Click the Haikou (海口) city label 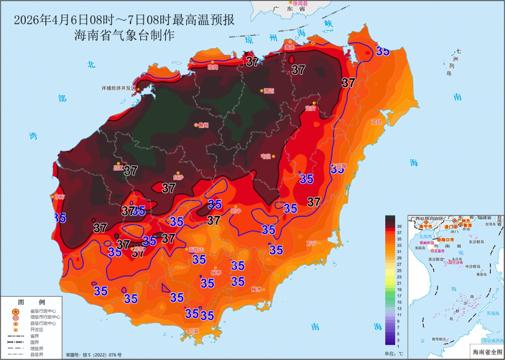(x=290, y=47)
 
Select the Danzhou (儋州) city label (x=203, y=125)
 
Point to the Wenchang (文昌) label (x=376, y=122)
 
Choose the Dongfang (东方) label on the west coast (x=59, y=196)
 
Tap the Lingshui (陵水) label (x=257, y=289)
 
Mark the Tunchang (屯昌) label (x=266, y=156)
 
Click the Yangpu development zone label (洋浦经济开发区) (x=118, y=88)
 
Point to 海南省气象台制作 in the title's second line (x=124, y=35)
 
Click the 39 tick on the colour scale (x=399, y=226)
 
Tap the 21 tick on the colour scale (x=399, y=283)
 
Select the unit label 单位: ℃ (x=394, y=353)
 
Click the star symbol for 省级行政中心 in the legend (x=15, y=311)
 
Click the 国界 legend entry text (x=35, y=342)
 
